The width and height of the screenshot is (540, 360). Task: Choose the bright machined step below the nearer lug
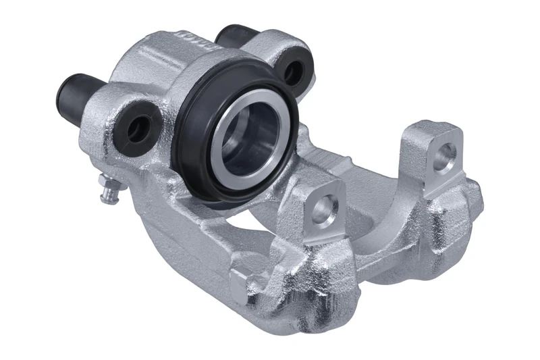(x=324, y=233)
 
